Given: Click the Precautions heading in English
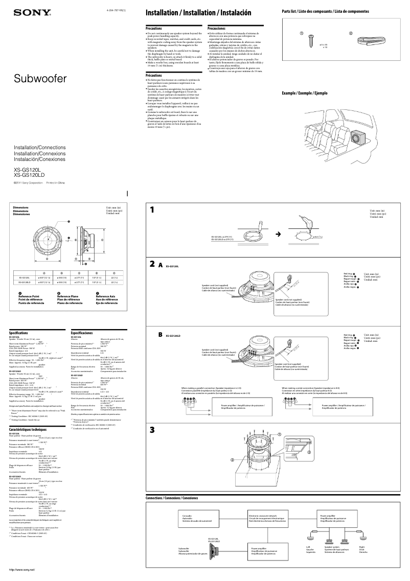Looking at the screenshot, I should pyautogui.click(x=154, y=29).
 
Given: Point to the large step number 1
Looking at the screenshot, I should pyautogui.click(x=152, y=210).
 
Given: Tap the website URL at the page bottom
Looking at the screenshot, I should pyautogui.click(x=18, y=569).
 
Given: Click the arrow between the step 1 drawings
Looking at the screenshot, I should pyautogui.click(x=278, y=234).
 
